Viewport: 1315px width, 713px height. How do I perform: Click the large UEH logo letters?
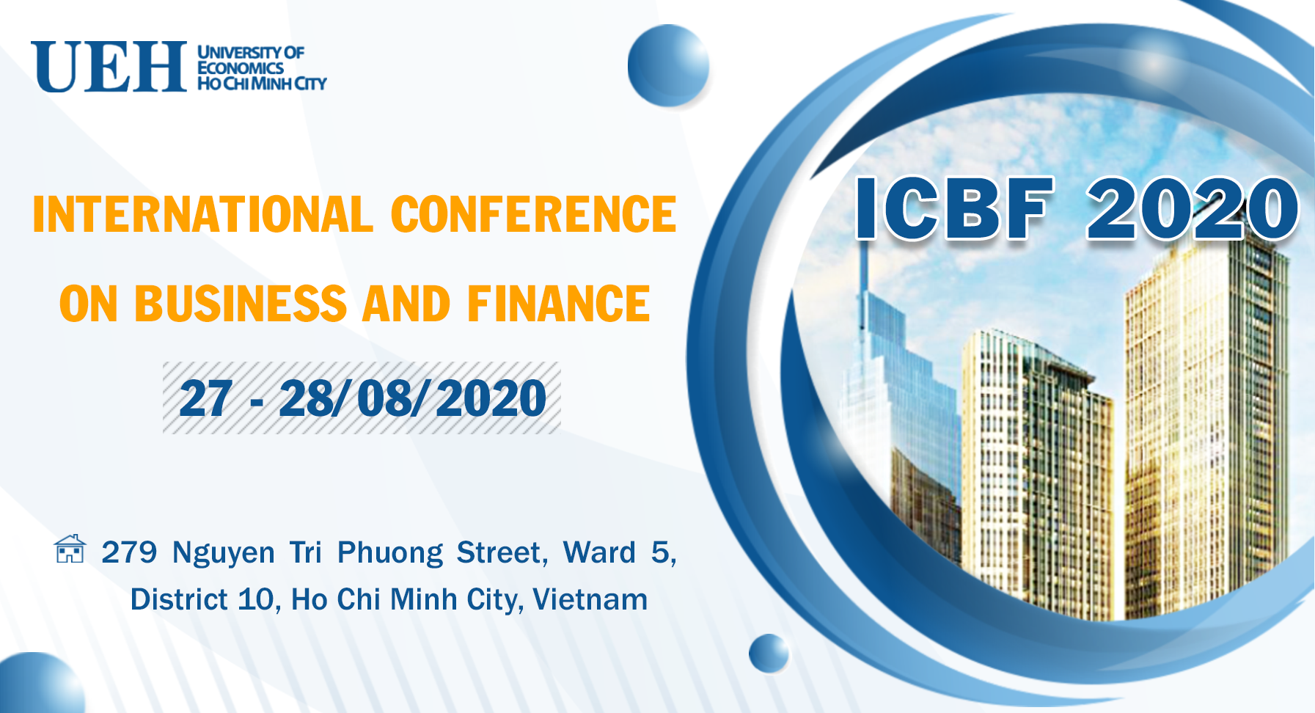coord(109,67)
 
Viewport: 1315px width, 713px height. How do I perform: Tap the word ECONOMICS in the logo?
coord(241,67)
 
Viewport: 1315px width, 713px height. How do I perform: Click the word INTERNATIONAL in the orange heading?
coord(202,214)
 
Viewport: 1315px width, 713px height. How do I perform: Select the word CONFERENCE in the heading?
coord(533,214)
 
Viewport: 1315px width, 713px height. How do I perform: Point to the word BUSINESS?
coord(241,304)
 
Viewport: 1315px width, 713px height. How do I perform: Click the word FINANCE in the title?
coord(558,304)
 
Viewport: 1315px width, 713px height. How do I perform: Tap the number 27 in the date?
coord(206,399)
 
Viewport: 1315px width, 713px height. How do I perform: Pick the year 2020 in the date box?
coord(491,399)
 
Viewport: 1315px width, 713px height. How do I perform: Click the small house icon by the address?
coord(70,549)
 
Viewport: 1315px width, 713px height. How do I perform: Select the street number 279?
coord(129,552)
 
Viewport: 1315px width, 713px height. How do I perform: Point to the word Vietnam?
coord(590,599)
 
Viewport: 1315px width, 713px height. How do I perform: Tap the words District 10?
coord(202,599)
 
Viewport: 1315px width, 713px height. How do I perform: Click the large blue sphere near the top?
coord(668,65)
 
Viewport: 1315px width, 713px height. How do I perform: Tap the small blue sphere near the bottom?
coord(769,654)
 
